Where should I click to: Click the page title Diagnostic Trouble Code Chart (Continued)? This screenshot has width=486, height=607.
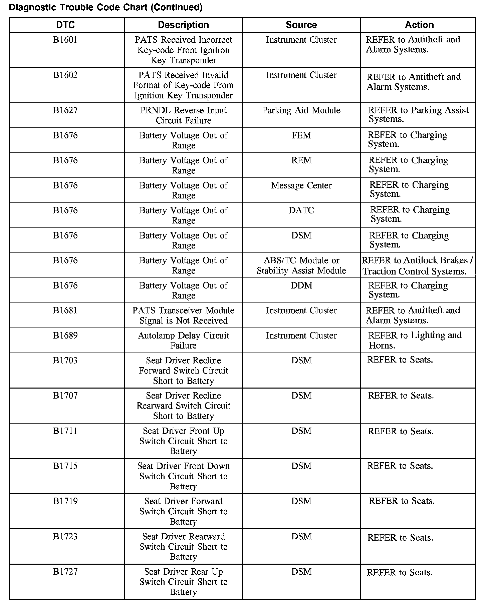point(105,7)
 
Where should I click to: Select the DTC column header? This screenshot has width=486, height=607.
point(65,25)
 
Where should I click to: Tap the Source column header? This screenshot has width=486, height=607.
point(301,25)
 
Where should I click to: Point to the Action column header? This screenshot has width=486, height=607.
point(419,25)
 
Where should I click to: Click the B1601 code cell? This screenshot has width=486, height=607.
point(65,40)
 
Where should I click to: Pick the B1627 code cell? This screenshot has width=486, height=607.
point(65,110)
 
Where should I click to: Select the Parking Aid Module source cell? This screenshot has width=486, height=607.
point(301,110)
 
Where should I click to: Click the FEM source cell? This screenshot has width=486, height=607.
point(301,135)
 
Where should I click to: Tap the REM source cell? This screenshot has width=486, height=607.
point(301,160)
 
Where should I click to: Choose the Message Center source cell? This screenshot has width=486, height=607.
point(301,185)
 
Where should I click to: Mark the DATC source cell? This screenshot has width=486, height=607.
point(301,210)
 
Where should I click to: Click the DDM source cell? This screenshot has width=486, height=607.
point(301,285)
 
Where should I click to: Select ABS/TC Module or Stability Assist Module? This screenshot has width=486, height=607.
point(301,265)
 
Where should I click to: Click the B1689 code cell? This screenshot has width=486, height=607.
point(65,336)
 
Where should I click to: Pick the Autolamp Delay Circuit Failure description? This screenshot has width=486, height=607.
point(183,341)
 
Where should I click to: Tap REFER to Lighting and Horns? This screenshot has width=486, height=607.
point(415,340)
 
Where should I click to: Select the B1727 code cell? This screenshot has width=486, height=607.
point(65,572)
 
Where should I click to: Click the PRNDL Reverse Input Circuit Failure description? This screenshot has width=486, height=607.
point(183,115)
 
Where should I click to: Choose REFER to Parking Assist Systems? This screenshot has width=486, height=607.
point(418,115)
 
